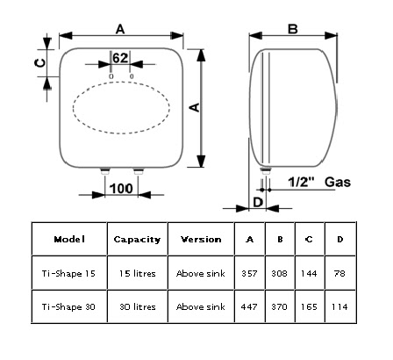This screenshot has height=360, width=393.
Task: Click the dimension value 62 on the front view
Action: pyautogui.click(x=120, y=58)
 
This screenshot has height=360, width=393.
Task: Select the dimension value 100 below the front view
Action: pyautogui.click(x=122, y=189)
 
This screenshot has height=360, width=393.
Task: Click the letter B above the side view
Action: pyautogui.click(x=293, y=28)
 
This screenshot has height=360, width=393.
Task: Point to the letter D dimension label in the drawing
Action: pyautogui.click(x=257, y=202)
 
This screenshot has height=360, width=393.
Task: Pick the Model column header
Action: pyautogui.click(x=69, y=239)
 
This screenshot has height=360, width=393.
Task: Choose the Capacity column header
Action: pyautogui.click(x=137, y=239)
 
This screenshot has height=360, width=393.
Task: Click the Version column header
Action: pyautogui.click(x=200, y=239)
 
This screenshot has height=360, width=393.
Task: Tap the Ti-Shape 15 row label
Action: pyautogui.click(x=69, y=273)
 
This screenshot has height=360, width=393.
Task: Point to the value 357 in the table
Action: pyautogui.click(x=251, y=273)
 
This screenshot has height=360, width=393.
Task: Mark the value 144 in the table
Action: pyautogui.click(x=309, y=273)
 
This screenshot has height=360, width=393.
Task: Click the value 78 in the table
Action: pyautogui.click(x=339, y=273)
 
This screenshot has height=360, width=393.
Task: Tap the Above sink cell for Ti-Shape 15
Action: pyautogui.click(x=200, y=273)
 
